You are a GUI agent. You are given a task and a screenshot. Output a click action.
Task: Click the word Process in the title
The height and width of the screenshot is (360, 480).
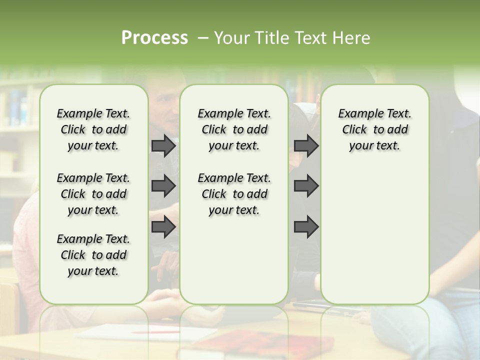(154, 37)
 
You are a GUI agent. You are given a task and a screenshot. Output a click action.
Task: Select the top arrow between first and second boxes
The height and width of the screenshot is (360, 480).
(163, 146)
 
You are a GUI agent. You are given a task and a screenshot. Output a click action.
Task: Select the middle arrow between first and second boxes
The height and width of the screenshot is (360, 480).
(163, 186)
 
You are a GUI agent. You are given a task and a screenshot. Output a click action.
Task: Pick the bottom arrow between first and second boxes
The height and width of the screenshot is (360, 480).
(163, 226)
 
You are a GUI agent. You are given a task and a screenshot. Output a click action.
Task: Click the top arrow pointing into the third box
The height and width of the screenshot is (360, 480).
(306, 146)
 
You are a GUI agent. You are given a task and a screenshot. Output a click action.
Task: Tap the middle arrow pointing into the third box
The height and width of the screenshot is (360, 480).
(306, 186)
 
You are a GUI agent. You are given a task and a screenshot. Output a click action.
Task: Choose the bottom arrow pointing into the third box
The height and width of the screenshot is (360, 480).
(306, 226)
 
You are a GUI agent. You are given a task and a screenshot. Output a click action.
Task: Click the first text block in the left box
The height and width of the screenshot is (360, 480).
(93, 129)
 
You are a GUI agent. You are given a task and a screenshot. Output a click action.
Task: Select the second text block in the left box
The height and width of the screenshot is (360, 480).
(93, 194)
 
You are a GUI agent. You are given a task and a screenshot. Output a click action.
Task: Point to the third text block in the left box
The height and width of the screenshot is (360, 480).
(93, 255)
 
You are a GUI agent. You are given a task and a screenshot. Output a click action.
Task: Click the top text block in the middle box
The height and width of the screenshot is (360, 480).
(234, 129)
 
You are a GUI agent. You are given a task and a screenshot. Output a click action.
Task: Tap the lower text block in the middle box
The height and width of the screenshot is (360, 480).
(234, 194)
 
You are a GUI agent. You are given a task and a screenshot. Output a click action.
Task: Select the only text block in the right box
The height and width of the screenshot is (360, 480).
(374, 129)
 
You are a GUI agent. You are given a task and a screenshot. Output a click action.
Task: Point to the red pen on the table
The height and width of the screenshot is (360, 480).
(155, 331)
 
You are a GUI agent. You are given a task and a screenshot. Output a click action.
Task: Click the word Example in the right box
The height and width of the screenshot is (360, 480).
(358, 114)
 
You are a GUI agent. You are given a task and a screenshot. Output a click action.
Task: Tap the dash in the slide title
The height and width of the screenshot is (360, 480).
(203, 38)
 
